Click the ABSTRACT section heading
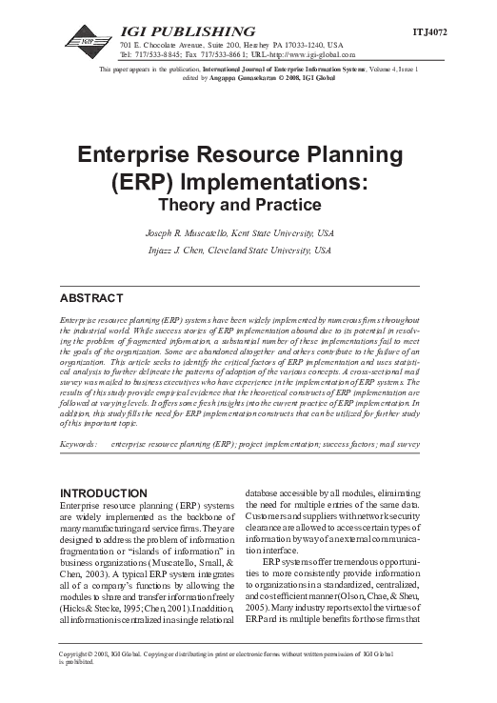pos(90,298)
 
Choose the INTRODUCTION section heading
pos(104,492)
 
